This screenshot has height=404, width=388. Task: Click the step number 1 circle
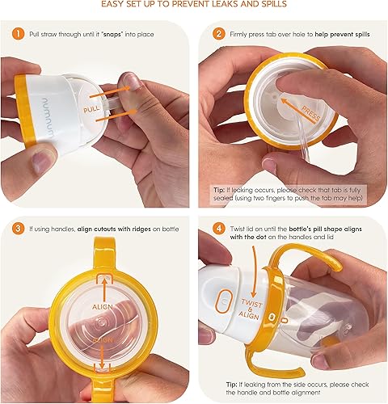coord(18,34)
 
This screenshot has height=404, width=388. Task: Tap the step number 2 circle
coord(219,34)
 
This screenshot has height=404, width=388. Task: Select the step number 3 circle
coord(18,229)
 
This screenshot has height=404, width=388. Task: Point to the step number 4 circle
coord(219,229)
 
